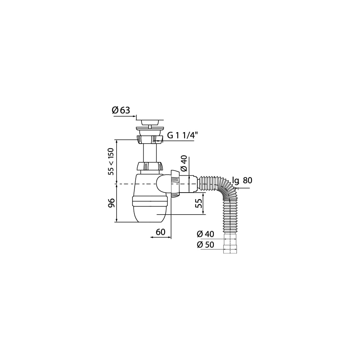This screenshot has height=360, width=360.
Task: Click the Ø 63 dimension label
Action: [121, 111]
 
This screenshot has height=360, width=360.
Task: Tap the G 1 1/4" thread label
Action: [182, 135]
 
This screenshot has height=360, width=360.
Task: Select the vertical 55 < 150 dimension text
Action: [111, 162]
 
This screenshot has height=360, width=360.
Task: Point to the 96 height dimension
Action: [111, 203]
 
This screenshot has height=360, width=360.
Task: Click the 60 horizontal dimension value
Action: [161, 232]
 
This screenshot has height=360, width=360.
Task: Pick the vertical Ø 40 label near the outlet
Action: [184, 163]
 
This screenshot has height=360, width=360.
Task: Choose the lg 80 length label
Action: [242, 181]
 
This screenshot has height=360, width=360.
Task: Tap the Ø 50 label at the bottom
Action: [205, 245]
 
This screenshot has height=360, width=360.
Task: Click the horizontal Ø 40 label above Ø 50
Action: [205, 234]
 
